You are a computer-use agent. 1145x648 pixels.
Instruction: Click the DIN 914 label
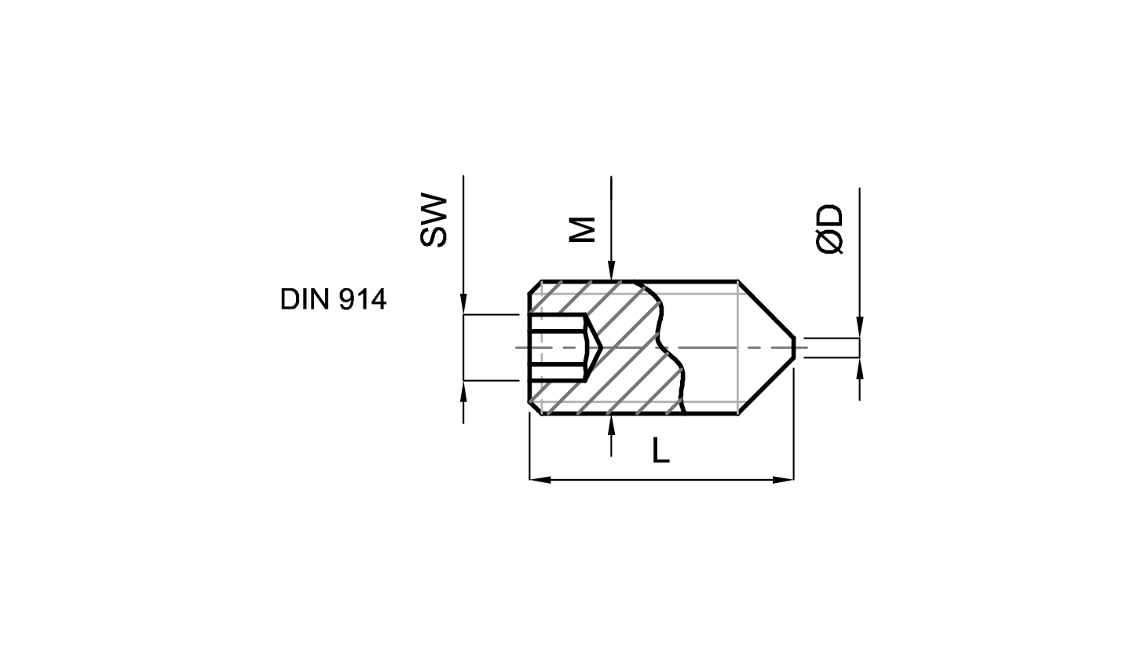tap(333, 299)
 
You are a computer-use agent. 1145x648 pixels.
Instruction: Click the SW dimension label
tap(433, 221)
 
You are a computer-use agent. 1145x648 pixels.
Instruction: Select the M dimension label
tap(583, 229)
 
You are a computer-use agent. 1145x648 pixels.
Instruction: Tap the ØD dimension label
tap(829, 229)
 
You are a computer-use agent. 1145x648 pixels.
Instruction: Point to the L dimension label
tap(661, 451)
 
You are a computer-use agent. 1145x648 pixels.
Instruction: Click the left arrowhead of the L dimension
tap(540, 480)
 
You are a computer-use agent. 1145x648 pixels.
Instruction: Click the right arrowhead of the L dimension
tap(783, 480)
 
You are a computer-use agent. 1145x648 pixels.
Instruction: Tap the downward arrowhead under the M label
tap(611, 270)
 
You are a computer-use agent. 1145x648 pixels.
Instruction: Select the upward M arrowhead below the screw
tap(611, 425)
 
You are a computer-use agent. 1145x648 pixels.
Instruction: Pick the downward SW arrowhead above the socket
tap(463, 304)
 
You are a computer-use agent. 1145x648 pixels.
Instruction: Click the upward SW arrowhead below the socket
tap(463, 392)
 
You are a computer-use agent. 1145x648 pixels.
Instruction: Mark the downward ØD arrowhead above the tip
tap(860, 328)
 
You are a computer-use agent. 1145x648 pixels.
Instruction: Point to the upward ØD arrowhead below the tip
tap(860, 368)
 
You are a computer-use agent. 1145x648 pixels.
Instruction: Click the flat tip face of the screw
tap(794, 348)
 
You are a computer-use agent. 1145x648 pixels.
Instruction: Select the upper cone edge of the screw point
tap(766, 309)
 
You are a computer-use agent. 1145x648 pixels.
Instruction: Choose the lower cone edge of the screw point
tap(766, 386)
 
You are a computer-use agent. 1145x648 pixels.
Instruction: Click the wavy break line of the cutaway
tap(663, 348)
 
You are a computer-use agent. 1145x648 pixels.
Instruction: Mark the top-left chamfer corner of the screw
tap(535, 287)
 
